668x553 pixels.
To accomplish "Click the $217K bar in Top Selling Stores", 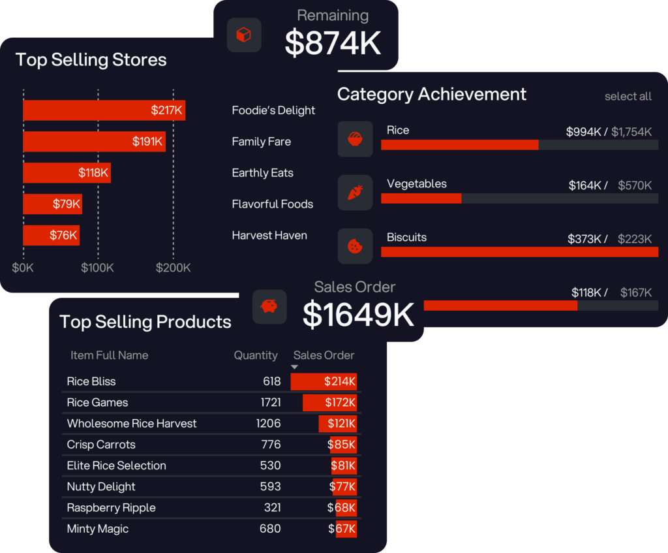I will (104, 110).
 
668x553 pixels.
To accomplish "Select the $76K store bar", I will (52, 236).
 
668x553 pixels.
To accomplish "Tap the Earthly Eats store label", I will (262, 173).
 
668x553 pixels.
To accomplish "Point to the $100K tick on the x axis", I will (98, 268).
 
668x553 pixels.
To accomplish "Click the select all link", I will (628, 97).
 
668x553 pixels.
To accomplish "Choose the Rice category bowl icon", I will (355, 139).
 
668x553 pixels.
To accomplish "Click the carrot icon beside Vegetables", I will (355, 193).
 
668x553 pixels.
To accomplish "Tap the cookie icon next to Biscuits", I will (355, 246).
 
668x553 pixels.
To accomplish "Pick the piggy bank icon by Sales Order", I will (269, 307).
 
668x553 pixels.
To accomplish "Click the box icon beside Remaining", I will (244, 35).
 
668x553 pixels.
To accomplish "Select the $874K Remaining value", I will (333, 43).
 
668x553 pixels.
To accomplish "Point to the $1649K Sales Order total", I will (358, 315).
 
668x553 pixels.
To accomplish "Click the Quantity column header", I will (256, 356).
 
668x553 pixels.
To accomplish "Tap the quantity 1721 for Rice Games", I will (269, 403).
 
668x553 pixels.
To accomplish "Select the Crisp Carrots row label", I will (101, 445).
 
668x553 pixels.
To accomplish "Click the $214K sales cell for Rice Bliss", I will (324, 381).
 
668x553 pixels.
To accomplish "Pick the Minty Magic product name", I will (98, 529).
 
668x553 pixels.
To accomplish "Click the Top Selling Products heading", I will (145, 322).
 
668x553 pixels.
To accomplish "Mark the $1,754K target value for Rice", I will (631, 132).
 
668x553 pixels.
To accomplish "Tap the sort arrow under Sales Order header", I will (294, 368).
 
